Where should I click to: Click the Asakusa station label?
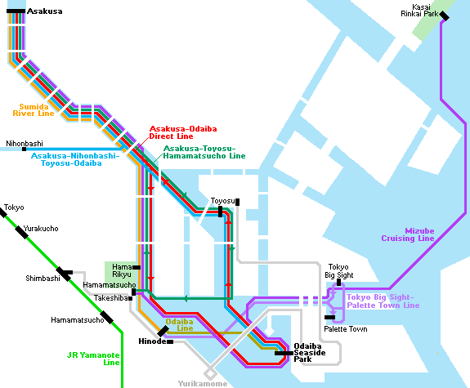pos(45,11)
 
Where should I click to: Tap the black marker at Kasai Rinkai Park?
pos(444,16)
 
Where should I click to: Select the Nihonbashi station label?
pos(25,144)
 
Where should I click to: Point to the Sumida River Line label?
pos(34,110)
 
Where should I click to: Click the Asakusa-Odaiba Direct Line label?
pos(183,132)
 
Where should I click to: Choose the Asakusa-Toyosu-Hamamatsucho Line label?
pos(204,152)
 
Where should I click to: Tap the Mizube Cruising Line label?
pos(408,234)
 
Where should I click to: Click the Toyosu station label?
pos(222,201)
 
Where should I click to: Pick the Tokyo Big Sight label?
pos(339,271)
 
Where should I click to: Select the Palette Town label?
pos(346,329)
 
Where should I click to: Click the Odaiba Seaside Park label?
pos(310,353)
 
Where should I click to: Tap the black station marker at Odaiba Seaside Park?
pos(284,353)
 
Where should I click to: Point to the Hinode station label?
pos(152,341)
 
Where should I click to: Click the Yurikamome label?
pos(203,383)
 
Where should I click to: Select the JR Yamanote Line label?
pos(93,359)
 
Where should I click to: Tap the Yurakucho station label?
pos(41,229)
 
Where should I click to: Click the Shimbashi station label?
pos(43,279)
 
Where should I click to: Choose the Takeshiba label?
pos(111,298)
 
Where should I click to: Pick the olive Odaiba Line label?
pos(179,325)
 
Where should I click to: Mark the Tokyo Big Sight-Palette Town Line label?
pos(383,301)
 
